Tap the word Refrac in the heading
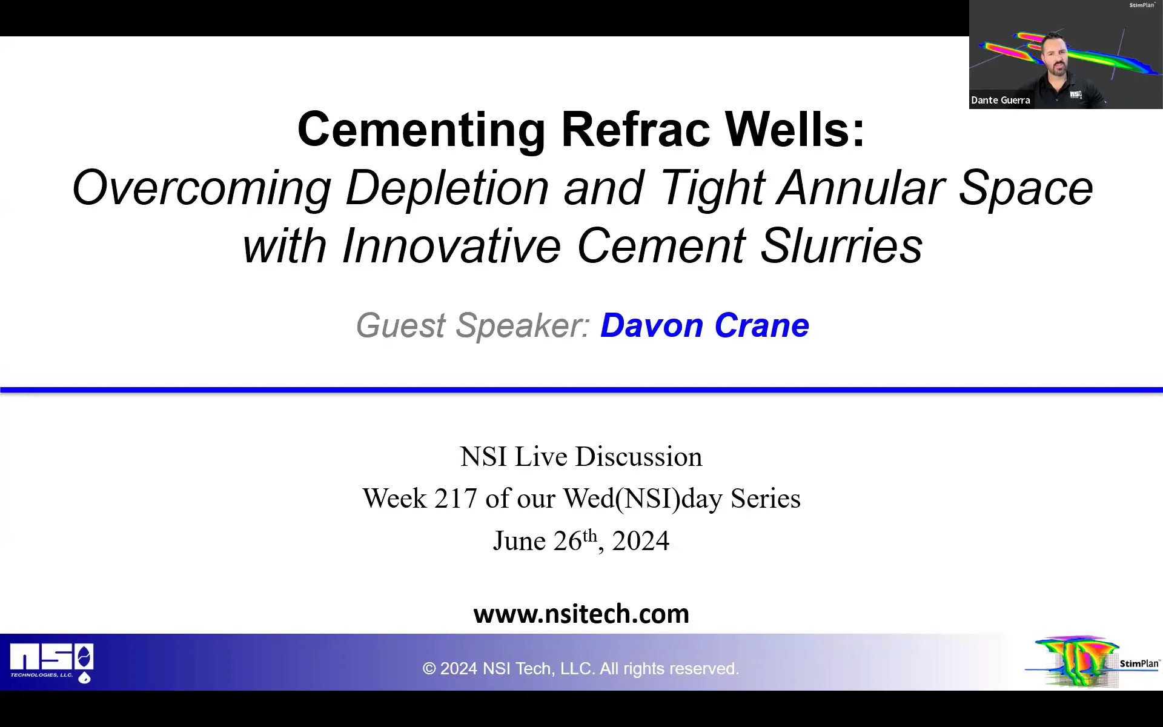pos(635,130)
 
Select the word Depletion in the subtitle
pos(447,188)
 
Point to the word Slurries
pos(841,246)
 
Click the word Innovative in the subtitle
pos(452,246)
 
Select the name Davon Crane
pos(704,325)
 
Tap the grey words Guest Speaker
pos(473,325)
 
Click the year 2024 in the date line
pos(640,541)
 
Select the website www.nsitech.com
pos(581,614)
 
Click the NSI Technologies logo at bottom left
pos(51,663)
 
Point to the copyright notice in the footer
pos(581,668)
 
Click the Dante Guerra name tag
pos(1000,101)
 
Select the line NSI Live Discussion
pos(581,457)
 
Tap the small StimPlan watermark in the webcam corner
pos(1142,5)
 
